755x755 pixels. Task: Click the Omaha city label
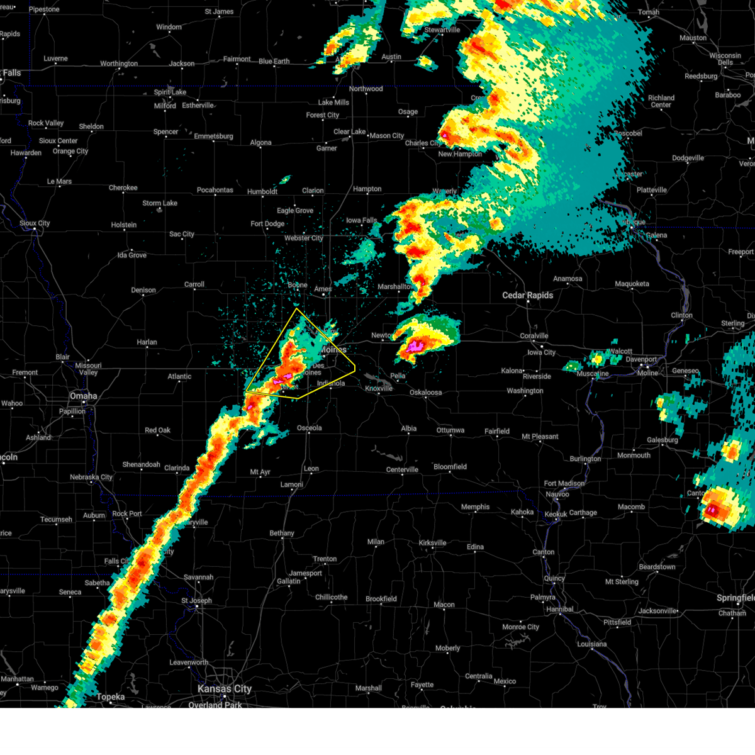[x=84, y=396]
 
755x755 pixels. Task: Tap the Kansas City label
[x=224, y=689]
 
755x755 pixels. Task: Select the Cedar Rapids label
[x=527, y=295]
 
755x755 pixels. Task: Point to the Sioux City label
[x=35, y=223]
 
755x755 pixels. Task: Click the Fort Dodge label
[x=267, y=224]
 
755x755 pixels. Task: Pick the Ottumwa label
[x=450, y=430]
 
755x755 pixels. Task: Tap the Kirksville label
[x=432, y=543]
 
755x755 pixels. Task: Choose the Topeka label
[x=111, y=697]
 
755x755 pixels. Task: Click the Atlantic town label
[x=179, y=377]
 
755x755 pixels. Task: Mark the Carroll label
[x=194, y=284]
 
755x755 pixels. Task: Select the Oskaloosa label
[x=425, y=393]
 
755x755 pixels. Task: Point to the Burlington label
[x=585, y=459]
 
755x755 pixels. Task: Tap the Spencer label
[x=166, y=132]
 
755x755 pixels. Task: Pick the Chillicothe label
[x=332, y=597]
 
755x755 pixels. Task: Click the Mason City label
[x=387, y=136]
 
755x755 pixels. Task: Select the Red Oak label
[x=158, y=430]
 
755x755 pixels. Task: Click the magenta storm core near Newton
[x=415, y=346]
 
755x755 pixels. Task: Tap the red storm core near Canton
[x=712, y=510]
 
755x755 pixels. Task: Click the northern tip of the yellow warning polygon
[x=296, y=309]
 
